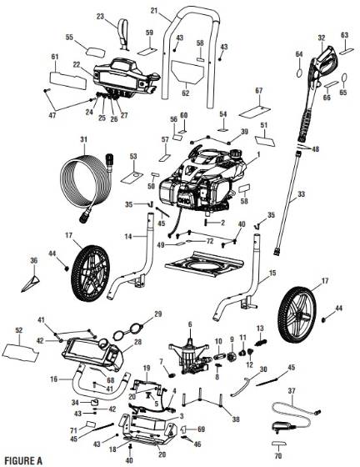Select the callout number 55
69,38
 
